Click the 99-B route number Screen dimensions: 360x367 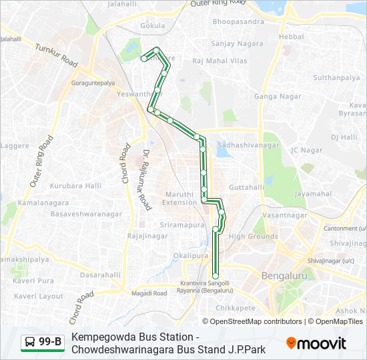pos(50,343)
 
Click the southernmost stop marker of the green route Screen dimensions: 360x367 pos(216,276)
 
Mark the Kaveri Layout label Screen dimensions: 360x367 pos(38,295)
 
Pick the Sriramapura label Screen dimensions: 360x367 pos(181,225)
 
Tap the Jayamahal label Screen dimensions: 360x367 pos(313,194)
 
